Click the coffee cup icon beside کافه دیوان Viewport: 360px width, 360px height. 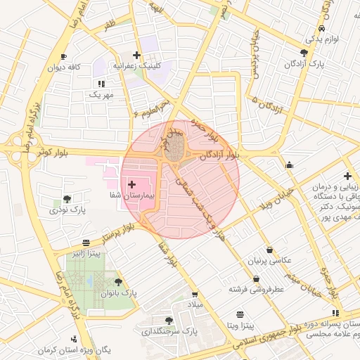(x=63, y=56)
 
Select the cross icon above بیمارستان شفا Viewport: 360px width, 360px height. (x=132, y=184)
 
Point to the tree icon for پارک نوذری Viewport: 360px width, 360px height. (x=67, y=199)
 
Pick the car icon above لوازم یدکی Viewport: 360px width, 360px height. (x=321, y=28)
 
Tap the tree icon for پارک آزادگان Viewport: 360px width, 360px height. (x=304, y=52)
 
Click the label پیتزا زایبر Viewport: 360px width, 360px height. (x=87, y=251)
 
